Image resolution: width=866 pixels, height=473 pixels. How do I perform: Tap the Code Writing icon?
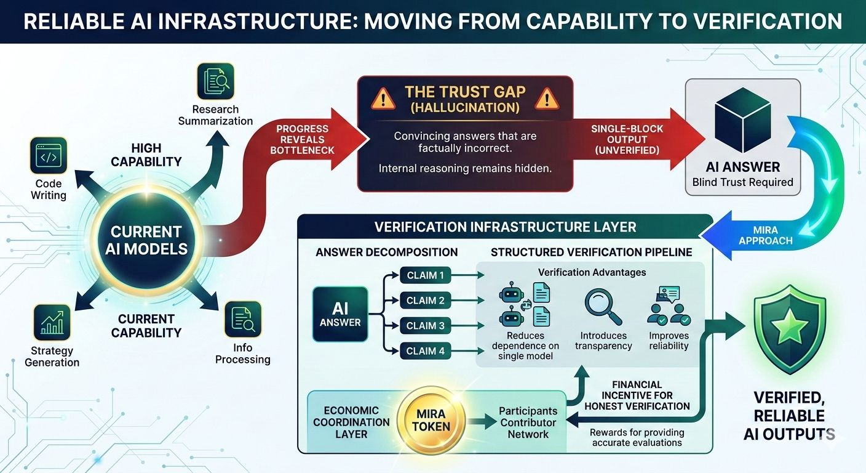49,156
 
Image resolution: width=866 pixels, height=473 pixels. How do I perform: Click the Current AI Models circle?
146,240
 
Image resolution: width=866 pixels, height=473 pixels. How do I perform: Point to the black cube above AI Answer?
742,121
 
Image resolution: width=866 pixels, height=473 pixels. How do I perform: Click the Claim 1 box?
425,275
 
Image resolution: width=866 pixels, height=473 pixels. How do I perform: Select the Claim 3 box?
425,326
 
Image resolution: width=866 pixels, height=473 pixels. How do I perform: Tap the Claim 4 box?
425,352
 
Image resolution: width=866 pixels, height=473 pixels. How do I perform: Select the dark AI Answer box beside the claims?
340,314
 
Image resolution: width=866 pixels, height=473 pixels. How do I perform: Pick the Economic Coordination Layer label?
351,422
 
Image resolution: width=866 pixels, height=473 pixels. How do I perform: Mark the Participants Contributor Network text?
528,422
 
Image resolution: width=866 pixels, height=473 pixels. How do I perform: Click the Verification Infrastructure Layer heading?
505,227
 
